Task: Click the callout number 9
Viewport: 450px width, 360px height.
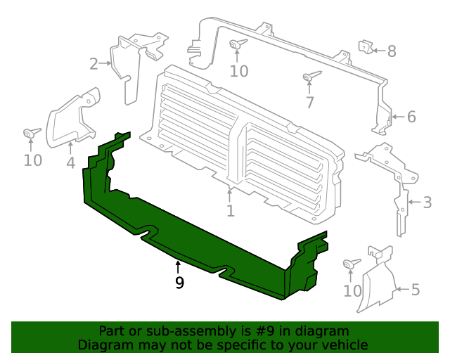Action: coord(179,283)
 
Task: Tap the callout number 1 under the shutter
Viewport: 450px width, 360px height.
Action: coord(230,211)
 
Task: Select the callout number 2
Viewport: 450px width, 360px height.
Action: coord(94,64)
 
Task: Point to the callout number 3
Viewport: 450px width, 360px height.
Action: coord(427,203)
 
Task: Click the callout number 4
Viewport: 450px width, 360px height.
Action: coord(70,163)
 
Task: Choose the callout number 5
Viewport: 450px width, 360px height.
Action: coord(415,289)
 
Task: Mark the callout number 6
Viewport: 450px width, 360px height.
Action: coord(411,116)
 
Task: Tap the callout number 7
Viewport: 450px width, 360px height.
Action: coord(309,103)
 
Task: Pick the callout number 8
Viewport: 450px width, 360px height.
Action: coord(392,51)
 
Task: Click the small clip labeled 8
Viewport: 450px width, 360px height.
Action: coord(366,47)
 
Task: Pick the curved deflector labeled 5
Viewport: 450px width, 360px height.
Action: coord(376,281)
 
